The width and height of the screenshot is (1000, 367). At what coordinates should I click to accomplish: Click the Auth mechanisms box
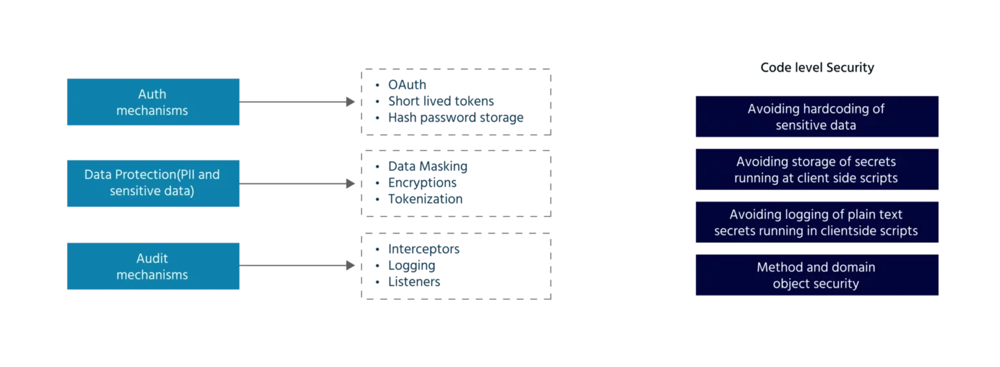click(153, 102)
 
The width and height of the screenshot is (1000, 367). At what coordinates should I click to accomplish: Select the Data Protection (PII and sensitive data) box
click(153, 183)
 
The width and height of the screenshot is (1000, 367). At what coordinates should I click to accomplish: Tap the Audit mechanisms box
click(153, 266)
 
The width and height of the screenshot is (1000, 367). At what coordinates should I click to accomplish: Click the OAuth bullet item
click(407, 85)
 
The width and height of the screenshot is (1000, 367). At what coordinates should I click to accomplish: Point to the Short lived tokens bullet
click(440, 102)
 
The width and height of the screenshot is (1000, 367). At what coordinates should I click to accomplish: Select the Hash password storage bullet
click(455, 118)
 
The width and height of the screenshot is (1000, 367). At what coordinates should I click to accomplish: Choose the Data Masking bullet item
click(427, 166)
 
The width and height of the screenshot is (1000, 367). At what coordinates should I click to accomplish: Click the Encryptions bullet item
click(422, 183)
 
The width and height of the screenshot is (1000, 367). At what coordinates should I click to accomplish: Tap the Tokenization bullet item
click(424, 200)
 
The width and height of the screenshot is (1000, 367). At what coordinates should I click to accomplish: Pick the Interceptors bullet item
click(424, 249)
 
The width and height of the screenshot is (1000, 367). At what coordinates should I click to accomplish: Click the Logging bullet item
click(411, 266)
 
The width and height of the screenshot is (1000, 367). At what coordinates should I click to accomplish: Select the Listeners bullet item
click(414, 283)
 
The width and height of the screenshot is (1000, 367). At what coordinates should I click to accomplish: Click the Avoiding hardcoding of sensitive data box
click(817, 117)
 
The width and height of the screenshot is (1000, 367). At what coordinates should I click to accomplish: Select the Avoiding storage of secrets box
click(817, 170)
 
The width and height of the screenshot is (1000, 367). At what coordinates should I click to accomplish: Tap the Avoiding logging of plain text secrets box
click(817, 223)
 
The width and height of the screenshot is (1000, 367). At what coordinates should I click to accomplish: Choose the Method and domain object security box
click(817, 275)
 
